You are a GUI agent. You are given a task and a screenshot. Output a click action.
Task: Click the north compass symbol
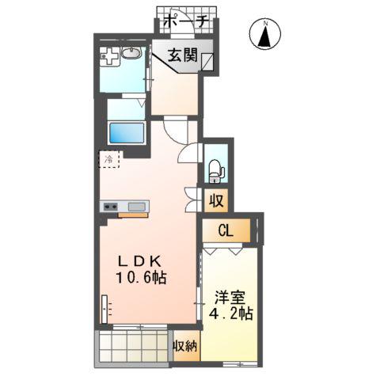(x=267, y=36)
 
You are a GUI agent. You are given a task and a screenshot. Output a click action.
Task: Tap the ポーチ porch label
(x=186, y=22)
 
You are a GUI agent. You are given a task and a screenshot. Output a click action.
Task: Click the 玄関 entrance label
(x=182, y=55)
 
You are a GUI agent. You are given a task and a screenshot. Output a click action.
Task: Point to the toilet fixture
(x=215, y=169)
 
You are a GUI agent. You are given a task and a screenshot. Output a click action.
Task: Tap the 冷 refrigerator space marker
(x=110, y=159)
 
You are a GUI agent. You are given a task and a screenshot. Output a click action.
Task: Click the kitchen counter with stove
(x=123, y=207)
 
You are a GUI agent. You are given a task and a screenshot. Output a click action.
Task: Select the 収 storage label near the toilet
(x=216, y=200)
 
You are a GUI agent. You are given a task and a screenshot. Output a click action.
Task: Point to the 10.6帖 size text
(x=142, y=279)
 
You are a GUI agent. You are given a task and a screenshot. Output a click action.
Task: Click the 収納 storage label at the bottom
(x=186, y=346)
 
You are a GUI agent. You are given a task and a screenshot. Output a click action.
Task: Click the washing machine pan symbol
(x=111, y=59)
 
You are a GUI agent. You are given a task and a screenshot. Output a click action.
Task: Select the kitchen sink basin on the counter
(x=136, y=207)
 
